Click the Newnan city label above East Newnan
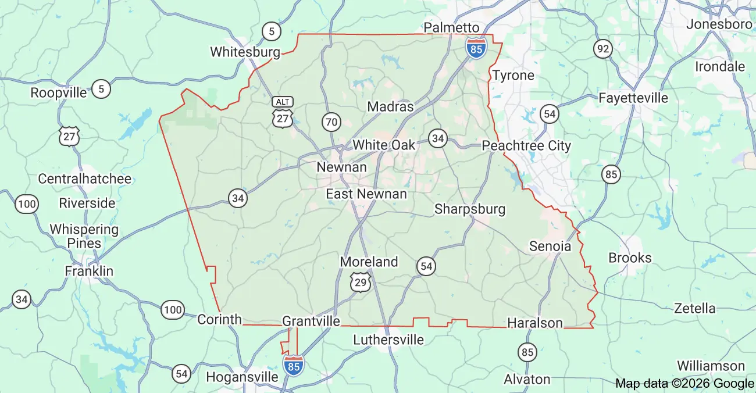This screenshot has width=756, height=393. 341,167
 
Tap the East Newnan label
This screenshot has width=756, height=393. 366,194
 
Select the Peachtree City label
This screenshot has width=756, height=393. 526,145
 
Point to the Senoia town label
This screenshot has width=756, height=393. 550,246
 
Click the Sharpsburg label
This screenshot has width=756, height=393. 470,209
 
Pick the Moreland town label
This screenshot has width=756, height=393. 369,262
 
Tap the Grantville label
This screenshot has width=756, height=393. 311,321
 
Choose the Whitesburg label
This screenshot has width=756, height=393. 245,52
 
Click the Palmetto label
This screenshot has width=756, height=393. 451,27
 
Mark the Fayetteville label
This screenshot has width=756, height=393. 633,98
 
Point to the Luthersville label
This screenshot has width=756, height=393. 388,339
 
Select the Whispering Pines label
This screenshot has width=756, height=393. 84,236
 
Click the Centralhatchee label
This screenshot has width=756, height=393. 84,178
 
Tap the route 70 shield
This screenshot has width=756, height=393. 331,122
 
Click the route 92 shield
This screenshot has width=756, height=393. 603,49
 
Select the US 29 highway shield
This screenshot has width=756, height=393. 361,283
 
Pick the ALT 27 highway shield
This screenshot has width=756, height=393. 283,112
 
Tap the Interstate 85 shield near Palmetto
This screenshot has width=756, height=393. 476,48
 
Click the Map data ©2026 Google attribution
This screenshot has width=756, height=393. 684,383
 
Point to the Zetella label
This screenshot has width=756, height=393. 694,308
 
